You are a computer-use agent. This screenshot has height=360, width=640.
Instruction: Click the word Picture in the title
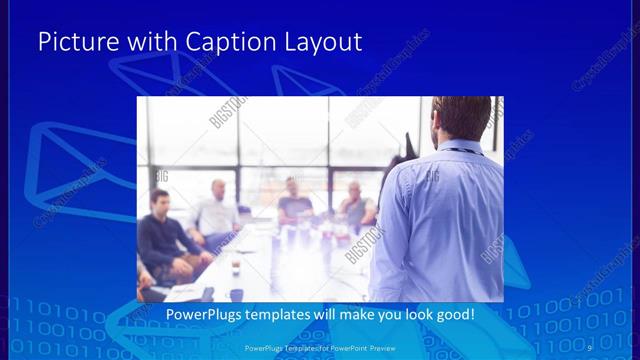click(x=75, y=42)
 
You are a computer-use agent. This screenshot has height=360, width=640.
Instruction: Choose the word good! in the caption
click(x=452, y=314)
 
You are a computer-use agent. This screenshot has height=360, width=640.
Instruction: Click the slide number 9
click(x=590, y=347)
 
